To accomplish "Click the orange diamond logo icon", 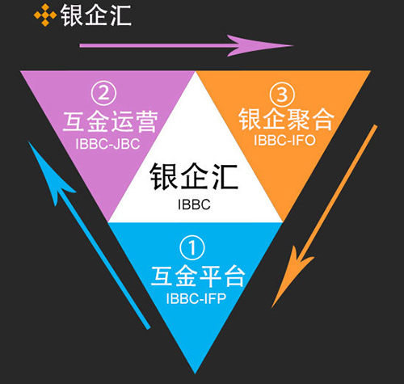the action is (x=45, y=15).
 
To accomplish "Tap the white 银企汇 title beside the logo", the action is (x=96, y=15).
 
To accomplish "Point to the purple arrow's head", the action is (x=260, y=45).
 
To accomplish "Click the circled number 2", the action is (x=103, y=93).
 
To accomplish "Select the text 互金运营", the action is (x=110, y=122).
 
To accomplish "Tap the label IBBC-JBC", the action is (x=107, y=144).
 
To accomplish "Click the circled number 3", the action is (x=282, y=95).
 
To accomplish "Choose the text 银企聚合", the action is (x=286, y=119).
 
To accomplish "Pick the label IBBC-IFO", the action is (x=284, y=140).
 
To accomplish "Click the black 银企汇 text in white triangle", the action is (x=194, y=176).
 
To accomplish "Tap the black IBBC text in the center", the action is (x=194, y=205).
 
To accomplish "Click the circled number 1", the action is (x=192, y=247).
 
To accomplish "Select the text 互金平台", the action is (x=198, y=276).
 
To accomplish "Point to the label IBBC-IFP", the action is (x=196, y=298).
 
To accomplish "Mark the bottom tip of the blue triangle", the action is (x=196, y=373).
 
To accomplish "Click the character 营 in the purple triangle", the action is (x=146, y=122).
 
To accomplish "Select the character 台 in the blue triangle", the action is (x=234, y=276).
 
